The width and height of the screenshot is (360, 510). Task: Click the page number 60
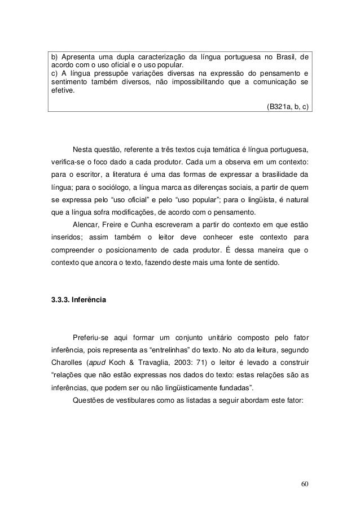tap(305, 484)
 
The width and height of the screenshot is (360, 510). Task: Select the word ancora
tap(108, 261)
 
